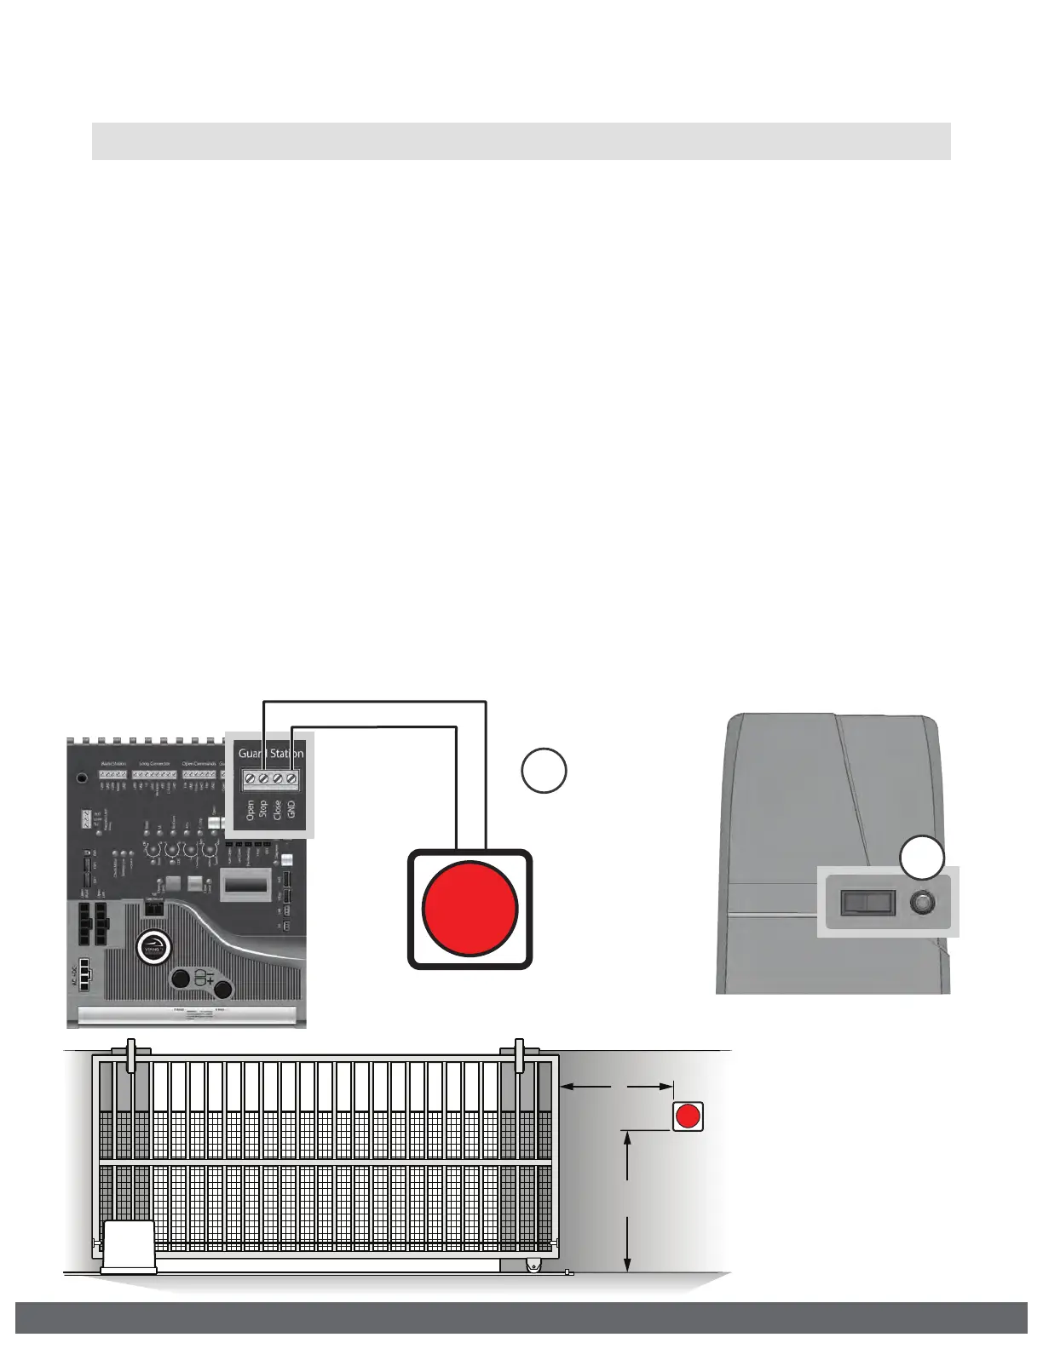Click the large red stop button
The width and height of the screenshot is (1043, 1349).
pyautogui.click(x=470, y=909)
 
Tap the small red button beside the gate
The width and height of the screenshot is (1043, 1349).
pyautogui.click(x=688, y=1116)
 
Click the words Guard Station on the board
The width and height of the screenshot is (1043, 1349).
pyautogui.click(x=270, y=753)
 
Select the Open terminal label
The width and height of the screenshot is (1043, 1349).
pyautogui.click(x=250, y=810)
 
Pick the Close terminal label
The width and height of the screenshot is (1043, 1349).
pyautogui.click(x=277, y=809)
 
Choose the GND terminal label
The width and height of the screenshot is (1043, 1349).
pyautogui.click(x=291, y=809)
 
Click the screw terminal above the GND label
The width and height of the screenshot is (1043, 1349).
pyautogui.click(x=291, y=778)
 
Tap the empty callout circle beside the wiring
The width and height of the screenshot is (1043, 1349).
pyautogui.click(x=545, y=771)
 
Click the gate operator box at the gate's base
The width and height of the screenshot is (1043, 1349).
pyautogui.click(x=129, y=1247)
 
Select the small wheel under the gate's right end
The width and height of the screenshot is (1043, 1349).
pyautogui.click(x=533, y=1267)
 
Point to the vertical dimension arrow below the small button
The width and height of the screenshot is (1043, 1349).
pyautogui.click(x=627, y=1200)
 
